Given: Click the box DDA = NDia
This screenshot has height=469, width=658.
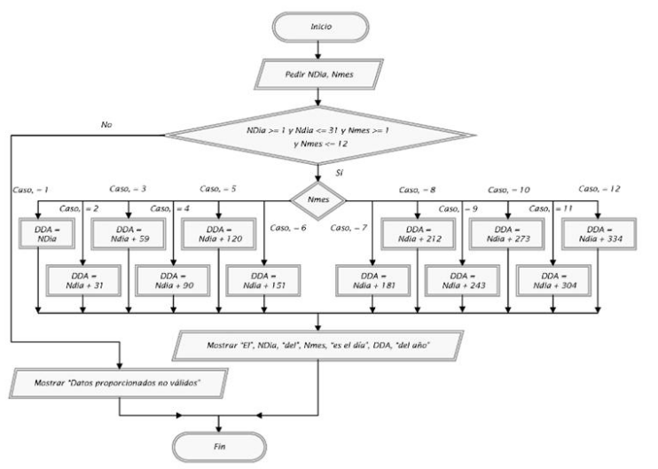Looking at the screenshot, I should pos(38,234).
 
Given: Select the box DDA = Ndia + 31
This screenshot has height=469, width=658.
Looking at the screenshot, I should pos(82,281).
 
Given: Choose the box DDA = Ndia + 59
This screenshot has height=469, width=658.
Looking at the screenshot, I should pos(129,234).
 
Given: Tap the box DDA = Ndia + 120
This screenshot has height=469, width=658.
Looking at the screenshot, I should pos(219,234).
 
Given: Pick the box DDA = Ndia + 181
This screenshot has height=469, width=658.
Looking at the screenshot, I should pos(372,281).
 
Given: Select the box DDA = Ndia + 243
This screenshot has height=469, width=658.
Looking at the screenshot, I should pos(462,281).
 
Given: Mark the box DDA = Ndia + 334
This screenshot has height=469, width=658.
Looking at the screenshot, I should pos(598,234).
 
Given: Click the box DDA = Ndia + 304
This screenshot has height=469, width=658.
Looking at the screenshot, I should pos(552,281).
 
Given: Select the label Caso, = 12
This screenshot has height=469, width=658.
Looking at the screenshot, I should pos(599,189).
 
